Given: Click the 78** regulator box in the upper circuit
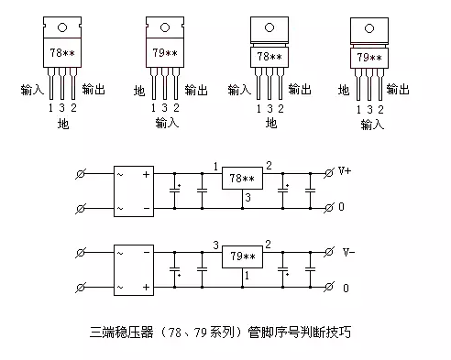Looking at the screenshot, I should point(242,179).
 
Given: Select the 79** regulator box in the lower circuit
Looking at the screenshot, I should point(242,258).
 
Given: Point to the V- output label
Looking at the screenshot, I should point(346,251).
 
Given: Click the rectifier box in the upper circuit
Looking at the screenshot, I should point(132,191).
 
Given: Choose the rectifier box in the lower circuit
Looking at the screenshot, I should point(132,269).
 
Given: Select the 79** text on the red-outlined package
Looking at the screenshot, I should point(368,57).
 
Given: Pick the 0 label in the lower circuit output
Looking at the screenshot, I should point(345,289).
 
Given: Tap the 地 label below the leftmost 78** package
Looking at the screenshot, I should point(62,123).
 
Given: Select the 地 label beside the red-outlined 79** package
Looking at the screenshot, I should point(343,90).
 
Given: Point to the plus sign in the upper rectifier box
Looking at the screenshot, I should point(145,173).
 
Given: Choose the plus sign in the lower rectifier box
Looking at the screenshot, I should point(145,287).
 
